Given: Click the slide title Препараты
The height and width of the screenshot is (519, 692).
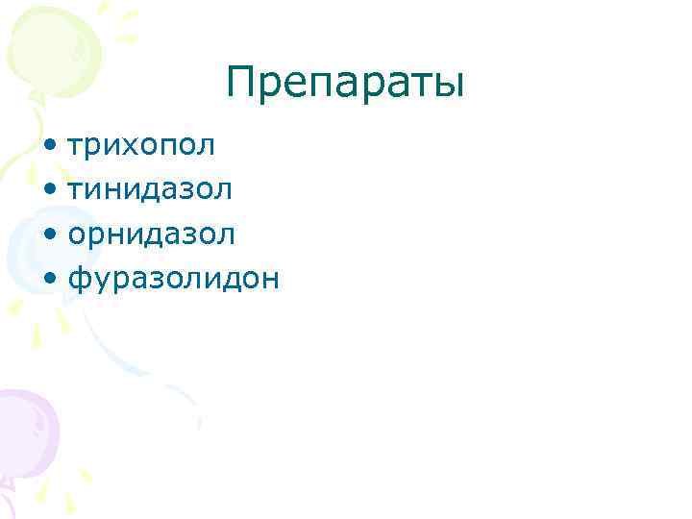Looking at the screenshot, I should tap(345, 84).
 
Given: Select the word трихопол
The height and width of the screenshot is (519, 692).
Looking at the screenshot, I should tap(140, 146).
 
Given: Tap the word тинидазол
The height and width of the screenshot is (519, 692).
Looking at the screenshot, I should tap(149, 189).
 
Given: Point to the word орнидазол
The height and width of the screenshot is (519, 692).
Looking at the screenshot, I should tap(151, 234).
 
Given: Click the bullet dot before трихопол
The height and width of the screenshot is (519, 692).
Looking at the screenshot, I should tap(49, 148).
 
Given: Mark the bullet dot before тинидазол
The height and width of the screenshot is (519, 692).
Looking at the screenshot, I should tap(49, 191).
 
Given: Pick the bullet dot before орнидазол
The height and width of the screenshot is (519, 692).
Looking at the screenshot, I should tap(49, 235).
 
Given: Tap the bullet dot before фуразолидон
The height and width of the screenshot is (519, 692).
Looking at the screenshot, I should tap(49, 280).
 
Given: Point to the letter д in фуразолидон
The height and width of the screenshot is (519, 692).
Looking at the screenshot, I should tap(226, 280).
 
